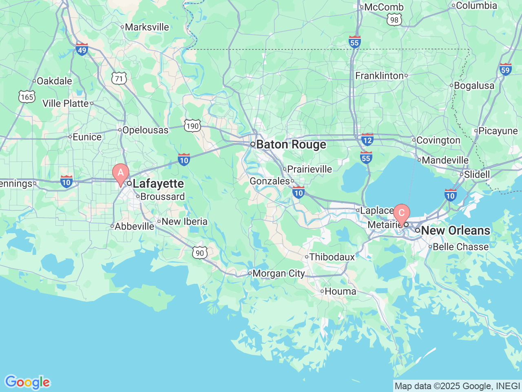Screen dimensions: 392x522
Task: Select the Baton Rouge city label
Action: click(291, 145)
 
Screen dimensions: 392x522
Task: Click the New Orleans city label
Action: click(455, 230)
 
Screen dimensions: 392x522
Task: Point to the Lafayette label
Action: click(158, 184)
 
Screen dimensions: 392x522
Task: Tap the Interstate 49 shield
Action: click(82, 49)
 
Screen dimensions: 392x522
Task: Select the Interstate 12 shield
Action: click(367, 140)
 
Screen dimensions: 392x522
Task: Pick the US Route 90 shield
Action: click(200, 253)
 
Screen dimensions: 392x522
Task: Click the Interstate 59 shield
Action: click(505, 69)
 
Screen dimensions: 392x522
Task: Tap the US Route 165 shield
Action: click(27, 97)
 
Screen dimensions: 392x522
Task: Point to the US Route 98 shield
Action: click(394, 20)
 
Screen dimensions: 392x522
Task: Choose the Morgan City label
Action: click(279, 274)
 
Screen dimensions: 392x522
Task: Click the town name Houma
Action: click(340, 292)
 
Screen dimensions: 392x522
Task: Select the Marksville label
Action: click(147, 27)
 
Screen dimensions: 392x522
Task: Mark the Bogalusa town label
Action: click(474, 86)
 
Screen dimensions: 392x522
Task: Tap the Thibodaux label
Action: click(332, 257)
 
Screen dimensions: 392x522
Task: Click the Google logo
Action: click(27, 383)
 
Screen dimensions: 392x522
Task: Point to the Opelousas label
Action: click(145, 130)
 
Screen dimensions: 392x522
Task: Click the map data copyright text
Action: click(457, 386)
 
